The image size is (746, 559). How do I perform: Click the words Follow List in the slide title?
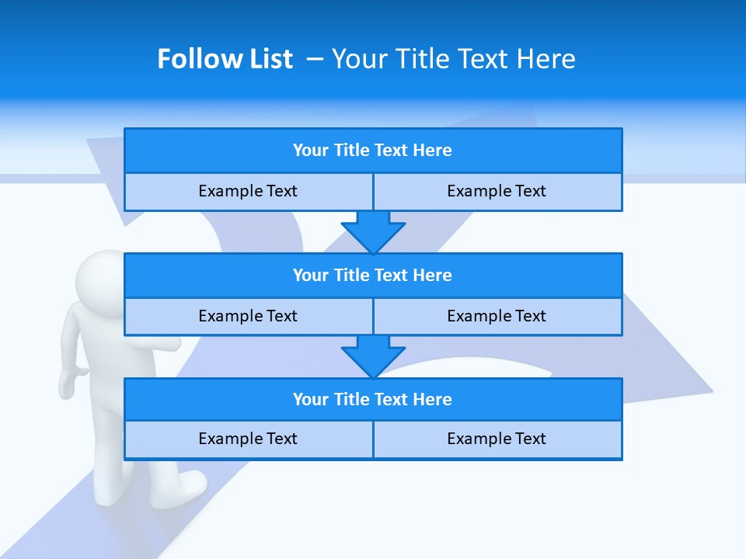pyautogui.click(x=225, y=59)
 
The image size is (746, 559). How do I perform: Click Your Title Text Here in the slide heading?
pyautogui.click(x=454, y=59)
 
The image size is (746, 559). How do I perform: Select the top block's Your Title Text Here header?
pyautogui.click(x=373, y=151)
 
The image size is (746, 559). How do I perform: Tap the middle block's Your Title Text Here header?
pyautogui.click(x=373, y=275)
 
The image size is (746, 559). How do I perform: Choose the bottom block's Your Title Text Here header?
pyautogui.click(x=373, y=399)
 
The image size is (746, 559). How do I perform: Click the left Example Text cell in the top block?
pyautogui.click(x=248, y=191)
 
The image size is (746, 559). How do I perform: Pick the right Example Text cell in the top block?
pyautogui.click(x=497, y=191)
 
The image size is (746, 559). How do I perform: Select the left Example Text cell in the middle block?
pyautogui.click(x=248, y=316)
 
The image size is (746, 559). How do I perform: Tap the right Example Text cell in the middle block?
pyautogui.click(x=497, y=316)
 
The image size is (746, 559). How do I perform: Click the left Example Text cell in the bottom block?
pyautogui.click(x=248, y=439)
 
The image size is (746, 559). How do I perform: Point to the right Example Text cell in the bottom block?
pyautogui.click(x=497, y=439)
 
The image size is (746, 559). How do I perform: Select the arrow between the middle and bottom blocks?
pyautogui.click(x=373, y=356)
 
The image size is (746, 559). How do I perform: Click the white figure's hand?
pyautogui.click(x=71, y=381)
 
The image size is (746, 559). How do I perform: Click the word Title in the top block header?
pyautogui.click(x=351, y=151)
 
